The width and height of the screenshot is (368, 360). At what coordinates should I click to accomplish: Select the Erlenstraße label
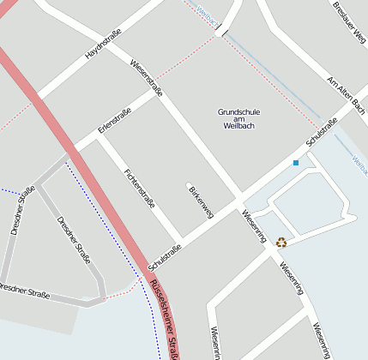click(x=114, y=120)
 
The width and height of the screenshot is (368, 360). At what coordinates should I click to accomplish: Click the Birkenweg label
click(x=200, y=201)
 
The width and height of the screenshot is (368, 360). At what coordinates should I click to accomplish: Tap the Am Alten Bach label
click(x=347, y=95)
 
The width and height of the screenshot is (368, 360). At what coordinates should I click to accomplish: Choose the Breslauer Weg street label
click(x=349, y=22)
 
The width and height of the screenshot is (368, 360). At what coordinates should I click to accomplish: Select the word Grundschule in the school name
click(x=239, y=112)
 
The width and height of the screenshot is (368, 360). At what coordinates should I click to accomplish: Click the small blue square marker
click(x=295, y=163)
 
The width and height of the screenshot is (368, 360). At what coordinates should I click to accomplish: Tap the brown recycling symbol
click(x=281, y=242)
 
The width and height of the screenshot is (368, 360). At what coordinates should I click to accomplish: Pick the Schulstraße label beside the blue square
click(x=318, y=131)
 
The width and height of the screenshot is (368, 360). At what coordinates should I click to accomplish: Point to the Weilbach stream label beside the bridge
click(x=207, y=14)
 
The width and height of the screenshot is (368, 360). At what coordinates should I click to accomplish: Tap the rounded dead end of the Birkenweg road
click(x=190, y=184)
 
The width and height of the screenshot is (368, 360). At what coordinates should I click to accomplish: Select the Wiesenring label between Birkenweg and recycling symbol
click(x=254, y=225)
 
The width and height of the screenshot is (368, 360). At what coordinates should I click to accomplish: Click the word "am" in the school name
click(x=239, y=119)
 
